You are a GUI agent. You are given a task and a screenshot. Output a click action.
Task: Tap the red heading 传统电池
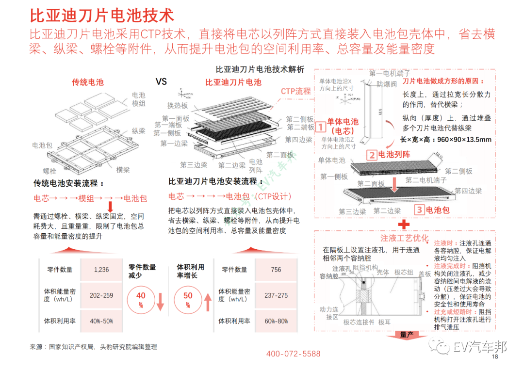(x=88, y=82)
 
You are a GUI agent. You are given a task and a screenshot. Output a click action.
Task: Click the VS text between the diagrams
(x=161, y=81)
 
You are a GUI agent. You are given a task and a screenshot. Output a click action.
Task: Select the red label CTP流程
(x=295, y=91)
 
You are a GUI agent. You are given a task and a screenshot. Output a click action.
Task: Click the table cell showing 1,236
(x=101, y=270)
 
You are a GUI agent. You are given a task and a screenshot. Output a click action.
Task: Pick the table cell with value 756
(x=276, y=270)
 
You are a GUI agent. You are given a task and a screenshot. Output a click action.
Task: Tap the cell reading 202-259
(x=101, y=295)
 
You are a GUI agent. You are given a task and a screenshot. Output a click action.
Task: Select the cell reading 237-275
(x=276, y=295)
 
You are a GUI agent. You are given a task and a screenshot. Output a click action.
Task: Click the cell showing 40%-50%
(x=101, y=321)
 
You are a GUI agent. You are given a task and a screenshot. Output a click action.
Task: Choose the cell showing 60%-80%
(x=276, y=321)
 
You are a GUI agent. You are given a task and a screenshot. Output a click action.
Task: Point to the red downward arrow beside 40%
(x=161, y=302)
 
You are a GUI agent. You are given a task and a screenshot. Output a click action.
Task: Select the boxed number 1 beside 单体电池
(x=321, y=128)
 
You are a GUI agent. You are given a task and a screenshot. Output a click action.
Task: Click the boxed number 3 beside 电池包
(x=419, y=210)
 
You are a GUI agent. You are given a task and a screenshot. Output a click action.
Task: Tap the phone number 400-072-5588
(x=293, y=354)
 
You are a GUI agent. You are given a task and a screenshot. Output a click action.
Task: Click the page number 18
(x=495, y=357)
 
